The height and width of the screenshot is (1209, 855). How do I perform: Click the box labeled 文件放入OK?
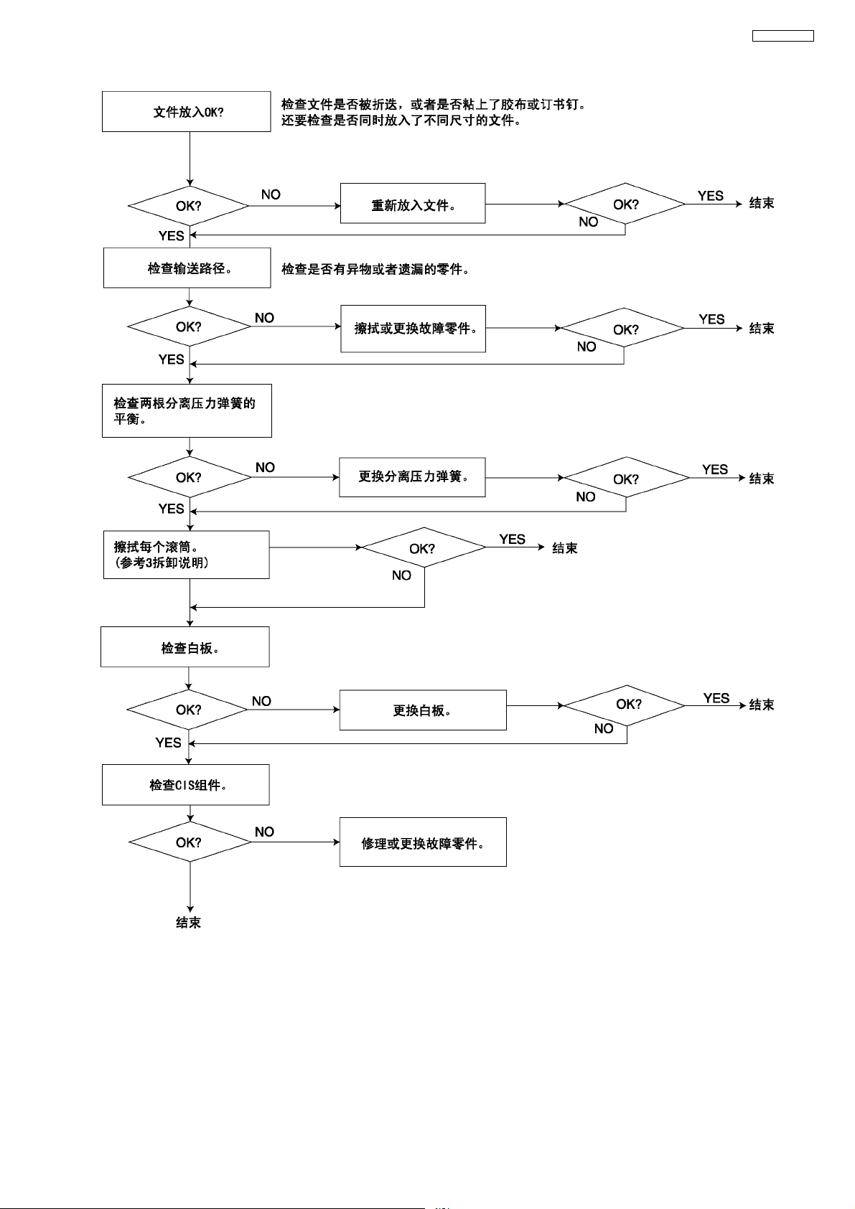tap(187, 112)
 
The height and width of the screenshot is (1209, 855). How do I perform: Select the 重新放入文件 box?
tap(413, 204)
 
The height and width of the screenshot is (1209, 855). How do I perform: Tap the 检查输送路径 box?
tap(187, 268)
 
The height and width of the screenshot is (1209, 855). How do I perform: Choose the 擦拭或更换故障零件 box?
tap(414, 329)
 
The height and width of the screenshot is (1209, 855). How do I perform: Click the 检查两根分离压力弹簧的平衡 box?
tap(187, 411)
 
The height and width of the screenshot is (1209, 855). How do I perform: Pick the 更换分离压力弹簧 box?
tap(412, 477)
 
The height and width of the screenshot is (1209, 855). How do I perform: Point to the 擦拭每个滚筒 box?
tap(187, 555)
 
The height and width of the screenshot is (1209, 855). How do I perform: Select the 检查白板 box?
tap(185, 647)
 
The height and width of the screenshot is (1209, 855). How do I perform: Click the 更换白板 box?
tap(423, 710)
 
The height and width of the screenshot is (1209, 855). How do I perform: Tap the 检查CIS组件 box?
tap(186, 785)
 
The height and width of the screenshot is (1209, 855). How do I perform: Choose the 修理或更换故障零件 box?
tap(423, 842)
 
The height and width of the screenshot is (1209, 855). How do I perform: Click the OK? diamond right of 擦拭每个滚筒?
tap(424, 548)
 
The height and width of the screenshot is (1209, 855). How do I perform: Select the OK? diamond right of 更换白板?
tap(625, 705)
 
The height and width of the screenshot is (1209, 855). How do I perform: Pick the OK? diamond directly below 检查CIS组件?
tap(190, 842)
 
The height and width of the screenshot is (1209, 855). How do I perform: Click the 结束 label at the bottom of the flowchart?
tap(188, 923)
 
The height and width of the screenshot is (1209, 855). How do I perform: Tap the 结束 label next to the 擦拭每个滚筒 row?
tap(565, 548)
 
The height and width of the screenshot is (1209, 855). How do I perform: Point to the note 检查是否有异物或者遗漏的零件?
tap(375, 270)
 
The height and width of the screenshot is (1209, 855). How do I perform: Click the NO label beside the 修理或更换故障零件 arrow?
tap(264, 832)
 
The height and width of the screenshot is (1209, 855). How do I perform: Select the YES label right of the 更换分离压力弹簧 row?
tap(715, 469)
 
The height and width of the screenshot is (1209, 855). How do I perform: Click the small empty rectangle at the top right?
tap(782, 36)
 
